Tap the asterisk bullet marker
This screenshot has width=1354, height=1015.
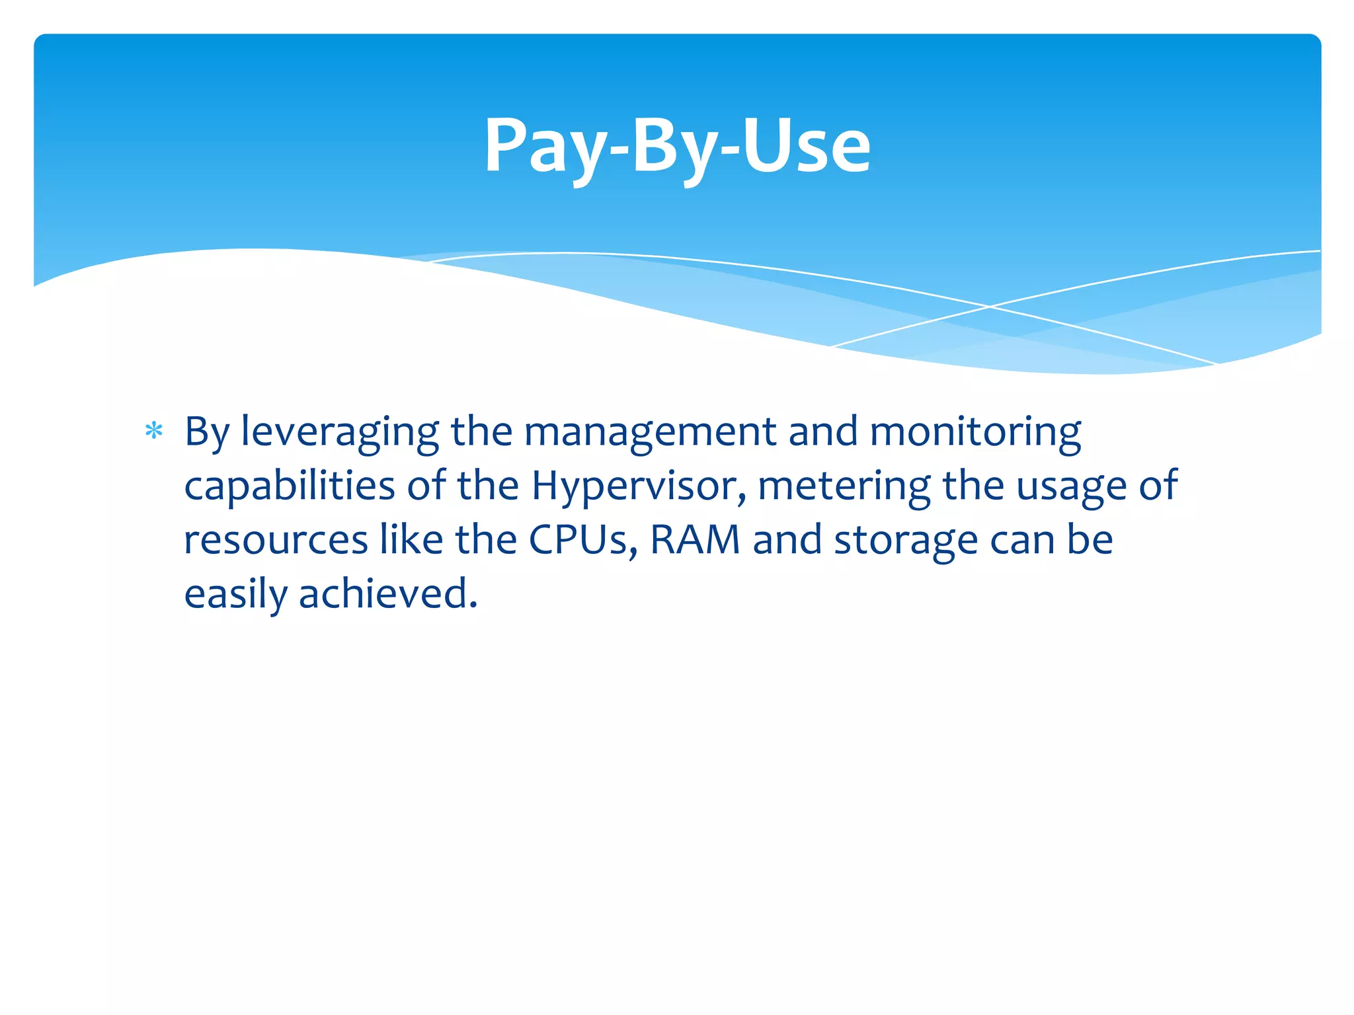click(x=154, y=432)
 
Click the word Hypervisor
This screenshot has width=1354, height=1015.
click(x=639, y=486)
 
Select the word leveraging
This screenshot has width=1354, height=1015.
click(x=340, y=433)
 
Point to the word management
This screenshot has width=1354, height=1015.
click(x=651, y=433)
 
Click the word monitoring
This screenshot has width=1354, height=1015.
click(x=975, y=433)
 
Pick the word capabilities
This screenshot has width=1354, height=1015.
click(x=290, y=486)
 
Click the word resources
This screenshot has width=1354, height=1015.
click(x=276, y=540)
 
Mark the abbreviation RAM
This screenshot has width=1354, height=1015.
click(x=695, y=540)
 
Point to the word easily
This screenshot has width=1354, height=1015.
click(x=236, y=594)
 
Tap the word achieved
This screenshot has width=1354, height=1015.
click(x=388, y=593)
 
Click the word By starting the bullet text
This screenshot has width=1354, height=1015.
click(x=206, y=433)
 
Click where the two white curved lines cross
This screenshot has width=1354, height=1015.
click(x=990, y=307)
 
